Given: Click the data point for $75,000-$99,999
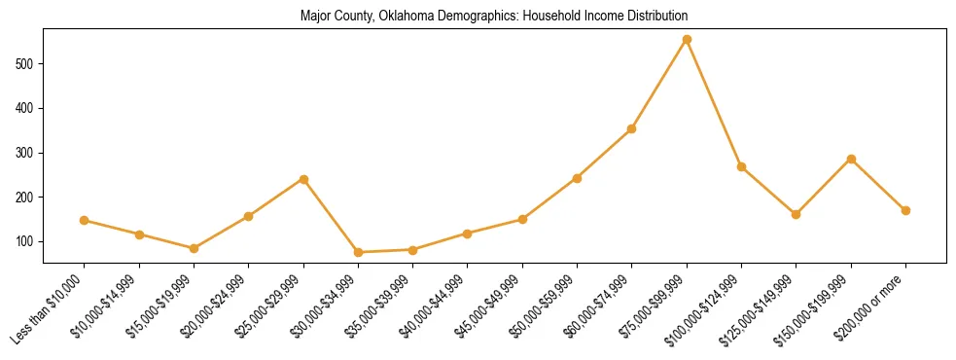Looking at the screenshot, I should [x=687, y=40].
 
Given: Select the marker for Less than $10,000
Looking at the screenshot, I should [x=85, y=220].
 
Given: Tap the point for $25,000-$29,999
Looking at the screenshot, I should [x=303, y=179].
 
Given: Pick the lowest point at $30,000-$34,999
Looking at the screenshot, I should [x=358, y=252].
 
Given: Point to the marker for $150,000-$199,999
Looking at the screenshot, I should [x=851, y=159].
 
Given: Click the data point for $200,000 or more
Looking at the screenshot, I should [x=905, y=210].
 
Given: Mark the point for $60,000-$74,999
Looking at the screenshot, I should [x=632, y=128].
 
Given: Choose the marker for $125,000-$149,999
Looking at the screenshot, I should [x=797, y=214].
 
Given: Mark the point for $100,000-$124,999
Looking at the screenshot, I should [x=741, y=166].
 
